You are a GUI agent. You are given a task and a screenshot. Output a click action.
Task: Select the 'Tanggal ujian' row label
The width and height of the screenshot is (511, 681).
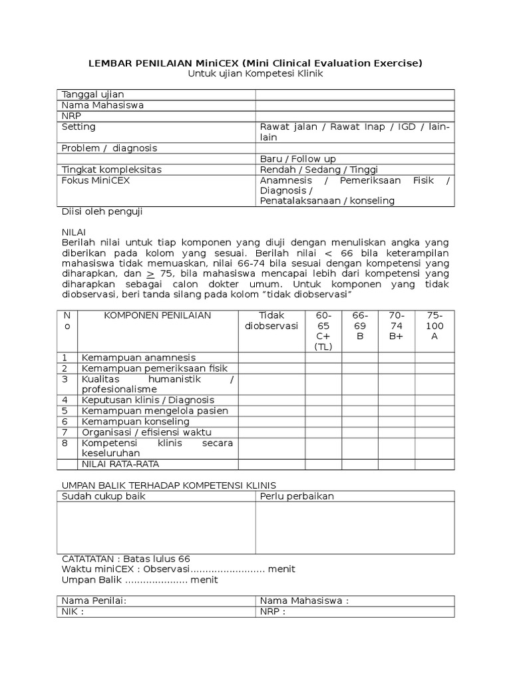coord(92,94)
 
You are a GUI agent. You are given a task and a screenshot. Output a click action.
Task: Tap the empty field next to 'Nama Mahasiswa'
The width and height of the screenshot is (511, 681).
coord(355,105)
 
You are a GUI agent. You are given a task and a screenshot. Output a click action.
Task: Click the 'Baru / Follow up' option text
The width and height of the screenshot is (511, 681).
coord(297,159)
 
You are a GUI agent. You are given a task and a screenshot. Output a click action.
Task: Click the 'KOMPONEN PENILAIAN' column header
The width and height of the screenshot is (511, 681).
coord(158,315)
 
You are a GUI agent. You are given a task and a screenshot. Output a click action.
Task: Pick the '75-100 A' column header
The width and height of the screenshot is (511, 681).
coord(434,326)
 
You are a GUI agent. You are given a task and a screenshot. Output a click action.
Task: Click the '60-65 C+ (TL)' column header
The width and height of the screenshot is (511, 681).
coord(323,331)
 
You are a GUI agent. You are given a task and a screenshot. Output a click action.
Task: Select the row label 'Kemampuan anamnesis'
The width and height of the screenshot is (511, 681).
coord(138,358)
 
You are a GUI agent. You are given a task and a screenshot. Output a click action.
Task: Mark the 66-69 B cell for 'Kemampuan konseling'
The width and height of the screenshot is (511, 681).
coord(360,422)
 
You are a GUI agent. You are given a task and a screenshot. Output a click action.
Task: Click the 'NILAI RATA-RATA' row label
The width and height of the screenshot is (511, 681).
coord(120,464)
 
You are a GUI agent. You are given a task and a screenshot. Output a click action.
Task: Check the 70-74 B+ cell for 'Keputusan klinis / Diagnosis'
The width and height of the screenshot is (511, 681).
coord(397,400)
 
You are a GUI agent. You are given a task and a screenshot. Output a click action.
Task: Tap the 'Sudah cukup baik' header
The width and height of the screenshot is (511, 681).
coord(103,496)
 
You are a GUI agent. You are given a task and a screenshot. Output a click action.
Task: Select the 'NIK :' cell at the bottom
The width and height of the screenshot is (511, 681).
coord(73,612)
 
